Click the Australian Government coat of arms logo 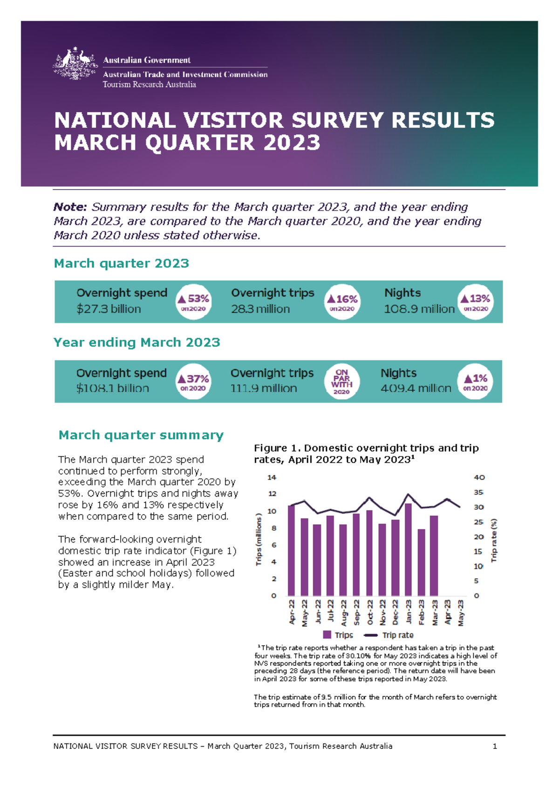click(75, 64)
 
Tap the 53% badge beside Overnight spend click(193, 302)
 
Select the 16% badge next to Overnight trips click(342, 302)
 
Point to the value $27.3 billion click(109, 309)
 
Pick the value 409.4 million click(416, 388)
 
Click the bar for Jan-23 click(409, 550)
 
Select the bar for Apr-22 click(292, 551)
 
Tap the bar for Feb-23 click(421, 562)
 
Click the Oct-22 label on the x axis click(370, 612)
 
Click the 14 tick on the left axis click(272, 477)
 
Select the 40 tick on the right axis click(479, 477)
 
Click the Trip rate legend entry click(389, 635)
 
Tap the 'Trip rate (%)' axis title click(494, 540)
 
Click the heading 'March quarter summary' click(141, 435)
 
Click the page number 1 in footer click(495, 746)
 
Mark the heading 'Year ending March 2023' click(136, 342)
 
